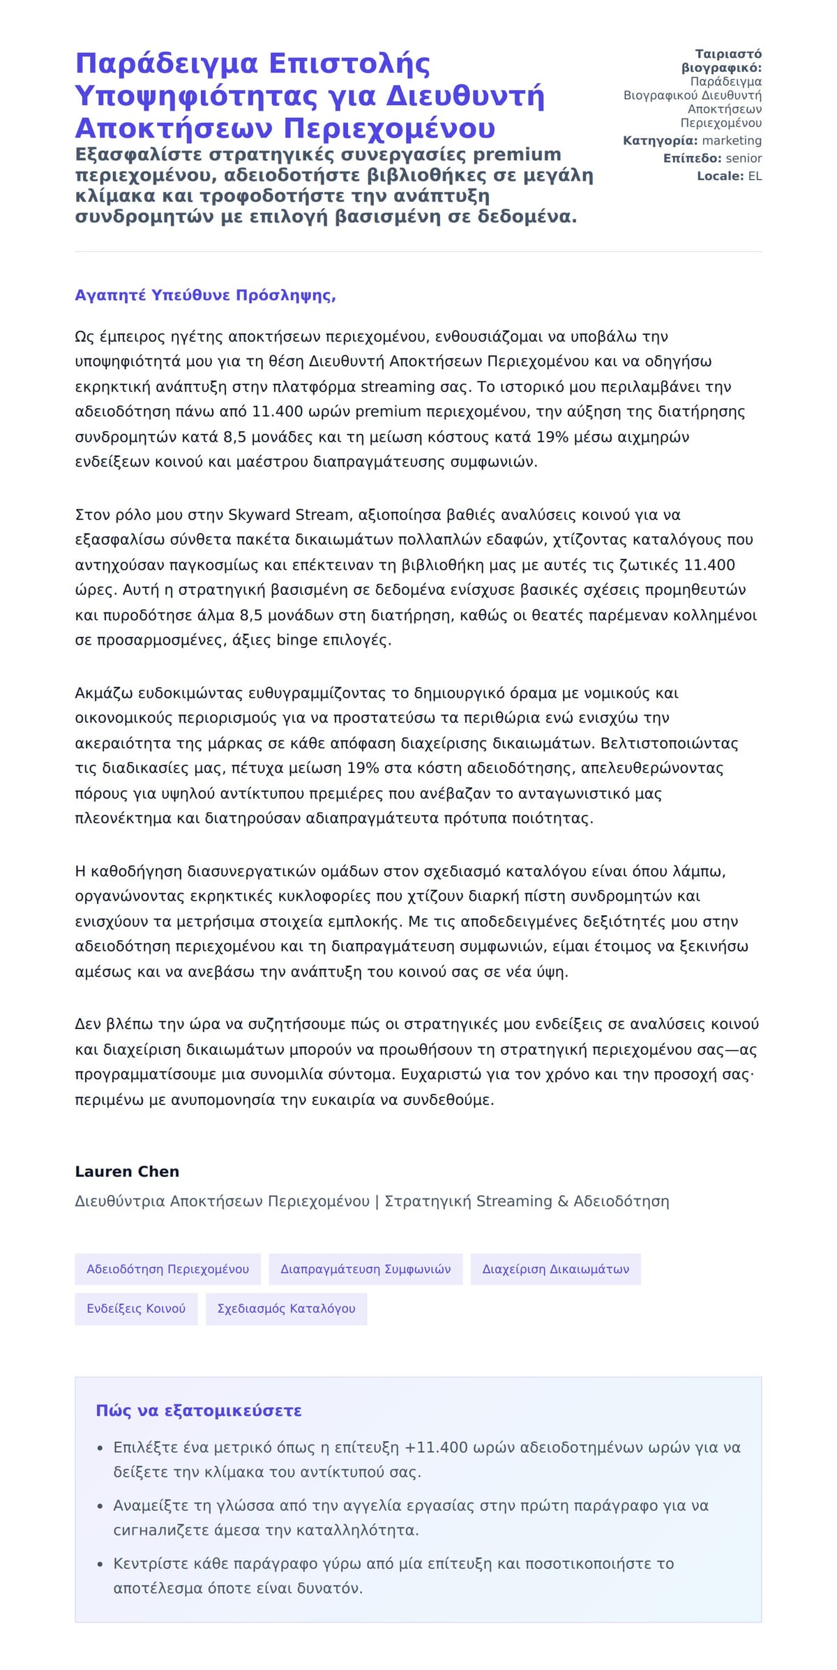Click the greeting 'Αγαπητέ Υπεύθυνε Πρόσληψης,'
(x=205, y=295)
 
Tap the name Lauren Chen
(x=127, y=1171)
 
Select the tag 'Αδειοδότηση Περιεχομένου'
(x=167, y=1269)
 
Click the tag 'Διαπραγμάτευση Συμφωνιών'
(x=365, y=1269)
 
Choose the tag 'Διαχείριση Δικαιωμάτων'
(x=555, y=1269)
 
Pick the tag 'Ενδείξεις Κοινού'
(x=136, y=1309)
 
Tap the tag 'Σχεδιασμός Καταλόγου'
(x=286, y=1309)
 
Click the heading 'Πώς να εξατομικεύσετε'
(x=199, y=1411)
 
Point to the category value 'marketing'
(x=732, y=141)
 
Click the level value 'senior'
(x=744, y=158)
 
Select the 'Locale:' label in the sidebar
(x=721, y=176)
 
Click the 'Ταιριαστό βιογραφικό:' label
(x=722, y=61)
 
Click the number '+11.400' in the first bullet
(x=436, y=1447)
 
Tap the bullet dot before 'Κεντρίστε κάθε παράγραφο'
(x=100, y=1564)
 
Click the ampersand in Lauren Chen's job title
(x=562, y=1201)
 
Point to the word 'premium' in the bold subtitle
(x=517, y=154)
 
